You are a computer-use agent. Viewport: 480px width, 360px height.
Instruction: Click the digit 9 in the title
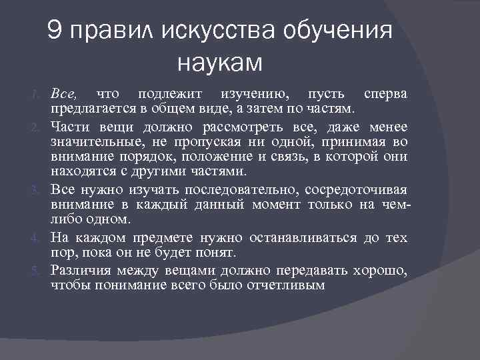tap(56, 33)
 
